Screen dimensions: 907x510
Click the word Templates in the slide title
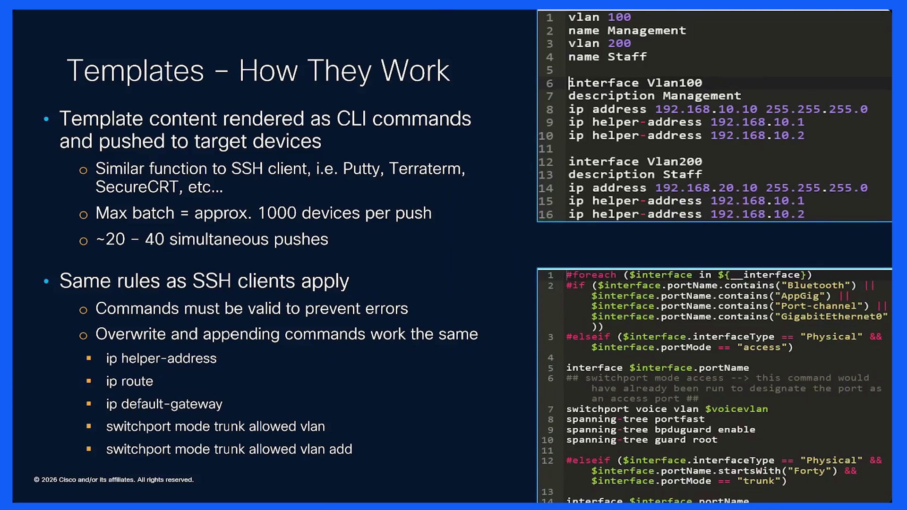135,71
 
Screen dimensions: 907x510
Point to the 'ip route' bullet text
129,381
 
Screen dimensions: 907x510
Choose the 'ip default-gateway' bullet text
164,404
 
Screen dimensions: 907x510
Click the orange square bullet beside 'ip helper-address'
88,358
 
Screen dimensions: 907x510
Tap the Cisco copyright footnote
113,480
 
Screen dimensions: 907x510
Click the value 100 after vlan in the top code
619,17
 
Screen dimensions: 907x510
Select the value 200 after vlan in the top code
619,43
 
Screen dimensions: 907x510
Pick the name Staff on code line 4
627,57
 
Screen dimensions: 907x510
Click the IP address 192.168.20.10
706,188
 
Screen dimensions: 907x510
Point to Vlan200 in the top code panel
674,161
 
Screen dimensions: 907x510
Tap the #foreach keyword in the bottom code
591,275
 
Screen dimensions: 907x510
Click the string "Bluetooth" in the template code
818,285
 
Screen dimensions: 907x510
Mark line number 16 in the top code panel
546,214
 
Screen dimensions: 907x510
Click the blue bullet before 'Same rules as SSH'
46,281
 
